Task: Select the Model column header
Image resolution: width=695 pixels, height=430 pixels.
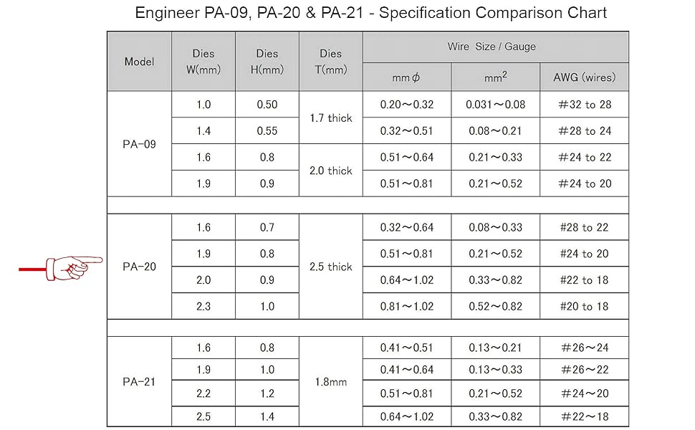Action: (139, 62)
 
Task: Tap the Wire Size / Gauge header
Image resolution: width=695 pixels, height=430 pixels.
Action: (496, 47)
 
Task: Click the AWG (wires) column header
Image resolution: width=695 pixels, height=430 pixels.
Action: (585, 77)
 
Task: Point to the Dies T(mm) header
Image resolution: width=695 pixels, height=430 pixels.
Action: (330, 62)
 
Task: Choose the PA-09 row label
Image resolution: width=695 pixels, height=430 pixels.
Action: (139, 144)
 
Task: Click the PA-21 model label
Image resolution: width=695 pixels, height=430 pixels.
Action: (139, 381)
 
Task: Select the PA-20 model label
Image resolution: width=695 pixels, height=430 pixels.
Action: (139, 267)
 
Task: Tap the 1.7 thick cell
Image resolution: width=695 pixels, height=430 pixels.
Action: (330, 118)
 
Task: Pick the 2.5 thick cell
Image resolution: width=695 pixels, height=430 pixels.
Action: (330, 267)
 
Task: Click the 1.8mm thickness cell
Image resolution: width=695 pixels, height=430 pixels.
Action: (330, 382)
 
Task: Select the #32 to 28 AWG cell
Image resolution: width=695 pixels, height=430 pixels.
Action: (585, 105)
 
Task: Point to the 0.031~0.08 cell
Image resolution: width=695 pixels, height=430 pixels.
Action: (495, 105)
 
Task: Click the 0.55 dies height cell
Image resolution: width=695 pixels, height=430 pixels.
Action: (267, 131)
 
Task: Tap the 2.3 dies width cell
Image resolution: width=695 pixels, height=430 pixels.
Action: (203, 306)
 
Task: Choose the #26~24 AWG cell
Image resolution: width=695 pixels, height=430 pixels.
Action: (585, 348)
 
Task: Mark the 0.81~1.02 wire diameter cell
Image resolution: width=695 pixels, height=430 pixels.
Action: (407, 306)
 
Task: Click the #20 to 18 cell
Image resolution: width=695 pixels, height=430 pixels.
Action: (585, 306)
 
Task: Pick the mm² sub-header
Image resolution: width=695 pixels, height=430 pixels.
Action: (495, 77)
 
